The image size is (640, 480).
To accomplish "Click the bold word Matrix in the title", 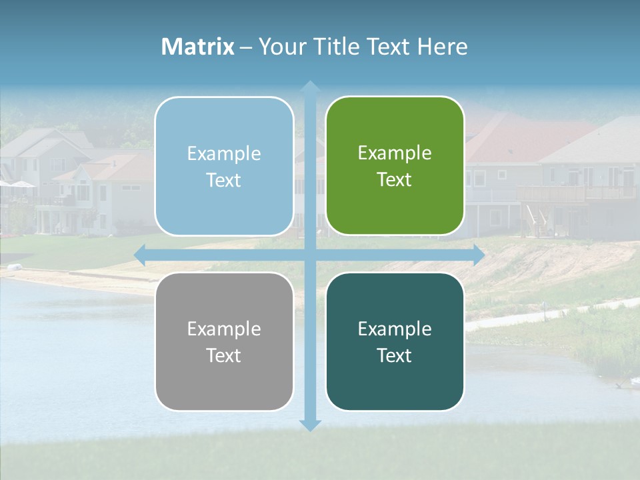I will (x=198, y=47).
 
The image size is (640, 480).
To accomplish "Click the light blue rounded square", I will (x=224, y=166).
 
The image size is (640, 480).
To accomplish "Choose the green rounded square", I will (x=395, y=166).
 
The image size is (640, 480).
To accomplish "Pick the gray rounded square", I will (x=224, y=341).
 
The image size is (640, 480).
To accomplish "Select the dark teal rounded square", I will (x=395, y=341).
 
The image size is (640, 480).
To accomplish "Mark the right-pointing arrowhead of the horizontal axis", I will (x=478, y=255).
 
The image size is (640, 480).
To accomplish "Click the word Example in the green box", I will (x=395, y=153).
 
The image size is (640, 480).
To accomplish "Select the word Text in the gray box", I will (x=223, y=355).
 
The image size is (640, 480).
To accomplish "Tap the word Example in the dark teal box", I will (x=395, y=329).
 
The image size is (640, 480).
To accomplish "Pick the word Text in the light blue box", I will (x=223, y=180).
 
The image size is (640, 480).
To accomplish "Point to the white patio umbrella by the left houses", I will (x=20, y=184).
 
